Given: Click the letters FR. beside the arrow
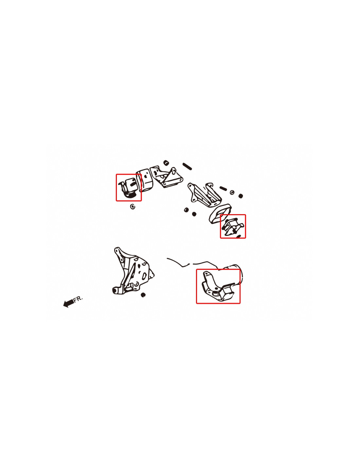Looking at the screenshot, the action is tap(78, 299).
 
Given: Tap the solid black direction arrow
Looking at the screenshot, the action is tap(68, 303).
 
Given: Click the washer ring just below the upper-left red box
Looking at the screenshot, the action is tap(133, 206).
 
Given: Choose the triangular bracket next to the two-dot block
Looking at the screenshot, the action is tap(166, 177).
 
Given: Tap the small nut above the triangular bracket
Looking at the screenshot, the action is tap(166, 163).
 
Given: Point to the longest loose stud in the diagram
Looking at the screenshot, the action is tap(187, 166).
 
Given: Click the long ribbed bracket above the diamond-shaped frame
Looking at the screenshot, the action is tap(205, 194).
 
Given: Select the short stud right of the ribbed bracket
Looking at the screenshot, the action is tap(223, 188).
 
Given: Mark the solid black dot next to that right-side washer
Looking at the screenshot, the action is tap(241, 196).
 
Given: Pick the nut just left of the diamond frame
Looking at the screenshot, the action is tap(186, 210).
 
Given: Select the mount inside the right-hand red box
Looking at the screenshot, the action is tap(233, 226).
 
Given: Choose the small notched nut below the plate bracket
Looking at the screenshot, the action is tap(143, 295).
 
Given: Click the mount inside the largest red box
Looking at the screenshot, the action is tap(218, 286).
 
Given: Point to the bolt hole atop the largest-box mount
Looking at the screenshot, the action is tap(207, 274).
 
